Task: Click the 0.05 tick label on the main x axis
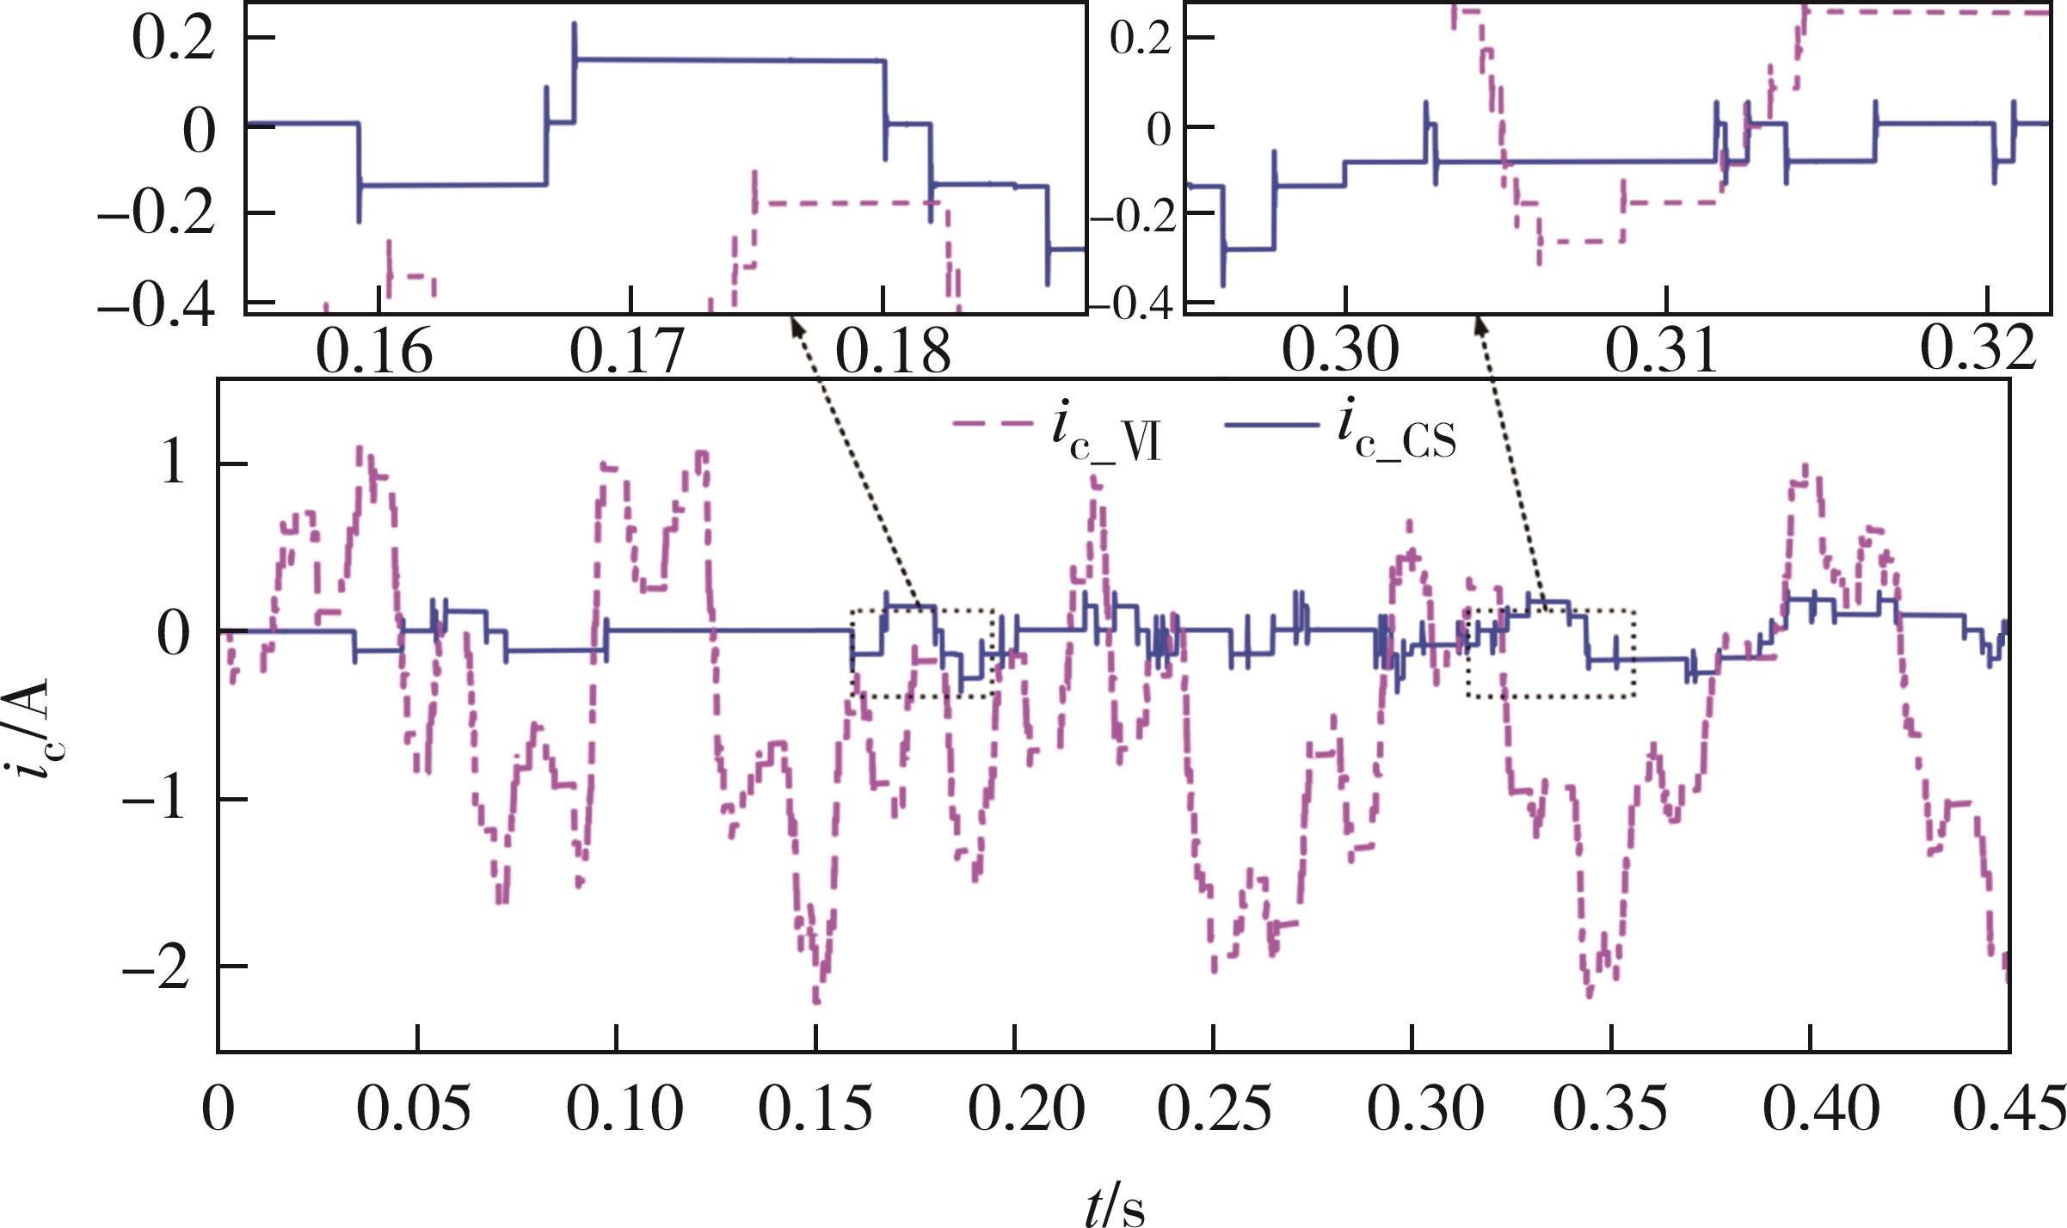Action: coord(414,1108)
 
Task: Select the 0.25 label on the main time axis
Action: coord(1214,1108)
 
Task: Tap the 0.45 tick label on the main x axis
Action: coord(2009,1108)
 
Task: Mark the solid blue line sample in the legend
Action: coord(1271,424)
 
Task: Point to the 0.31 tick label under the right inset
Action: coord(1663,351)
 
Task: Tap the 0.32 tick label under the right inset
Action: coord(1978,349)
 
